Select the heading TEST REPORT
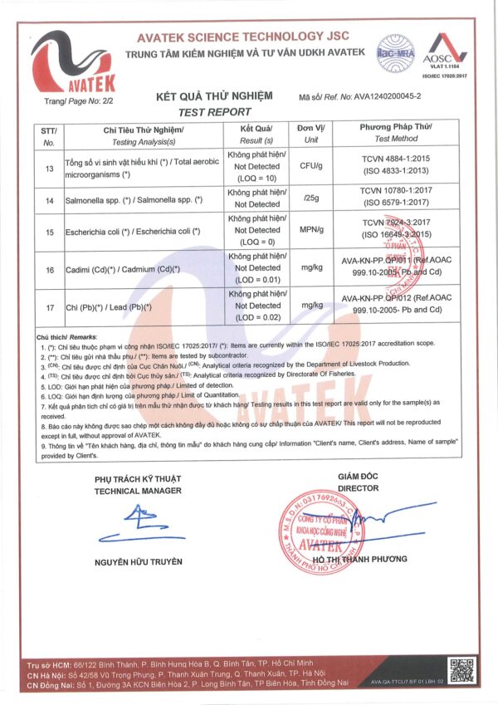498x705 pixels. point(214,111)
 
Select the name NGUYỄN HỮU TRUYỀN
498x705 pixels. point(138,562)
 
